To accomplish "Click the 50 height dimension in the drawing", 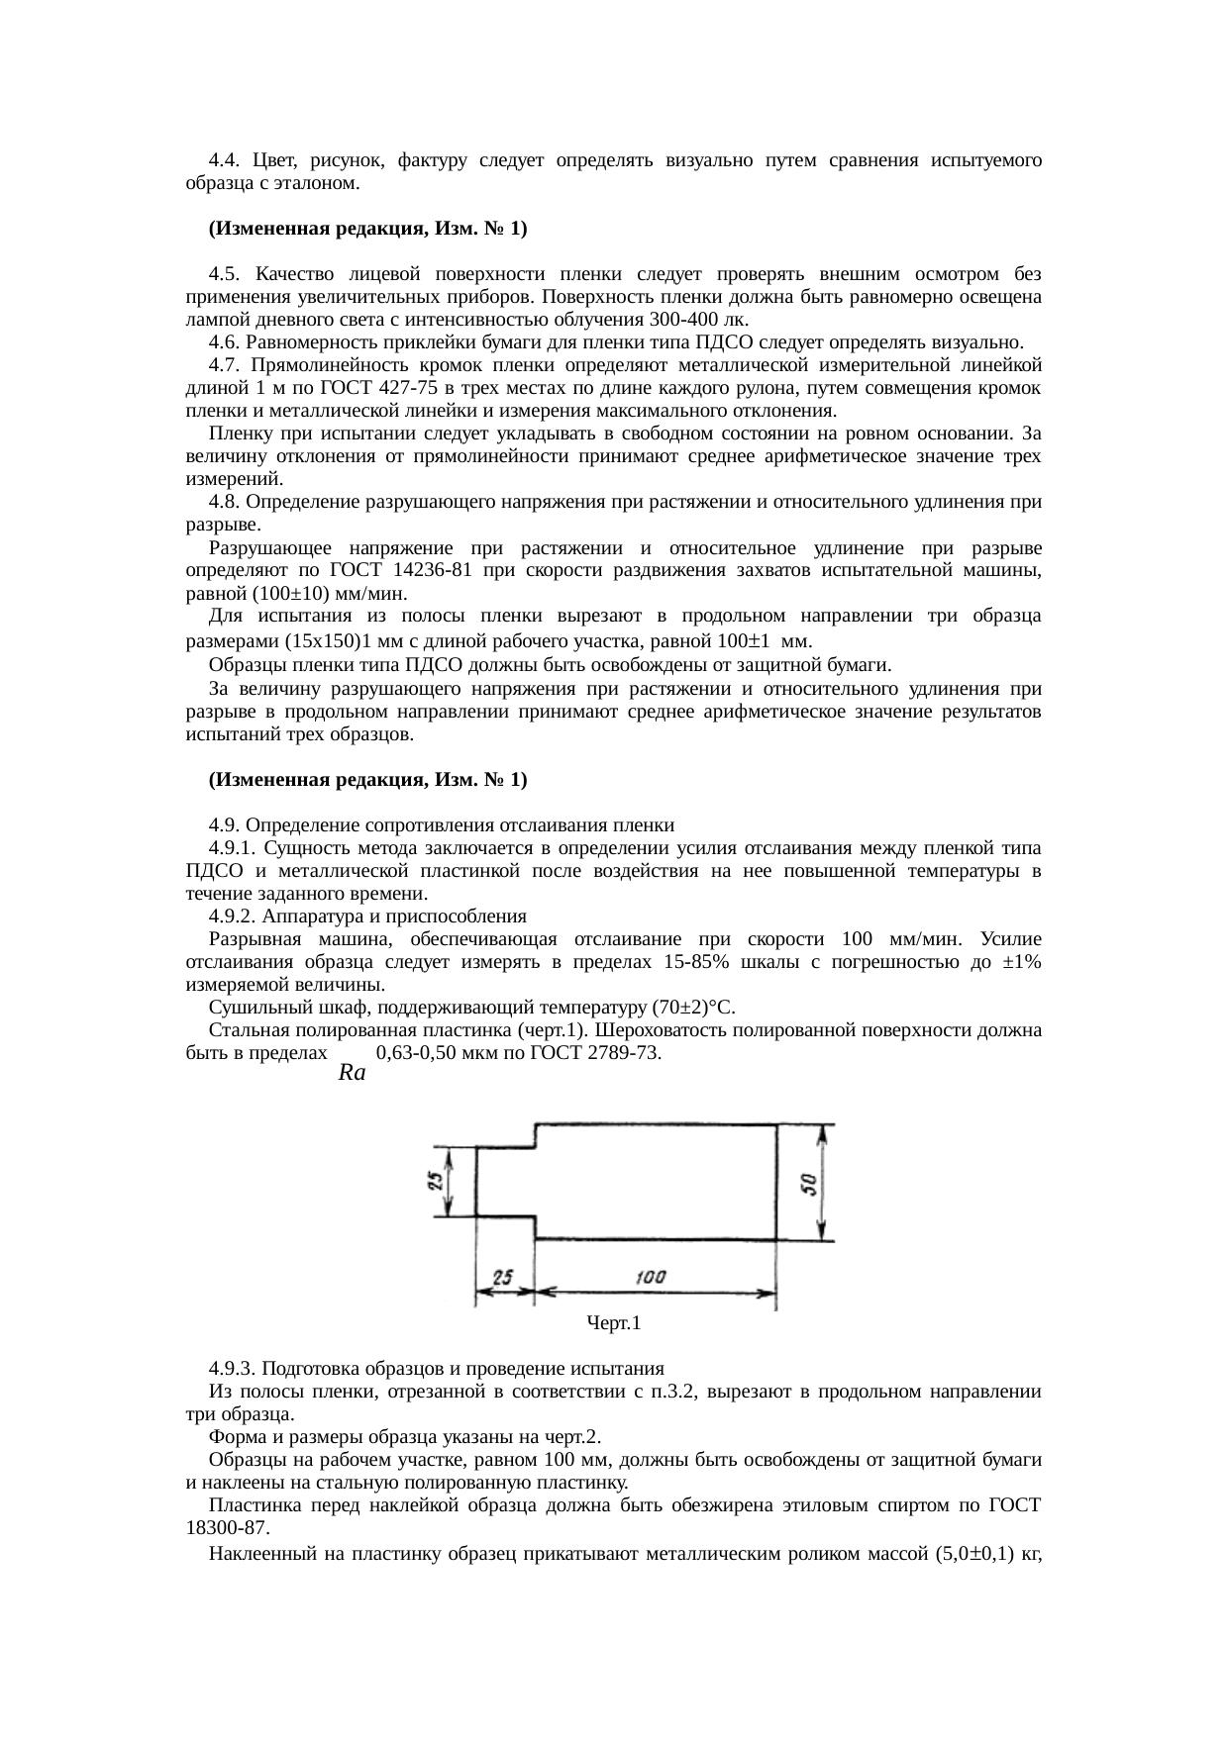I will click(809, 1183).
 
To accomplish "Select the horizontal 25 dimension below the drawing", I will click(503, 1278).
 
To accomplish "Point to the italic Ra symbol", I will click(352, 1073).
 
